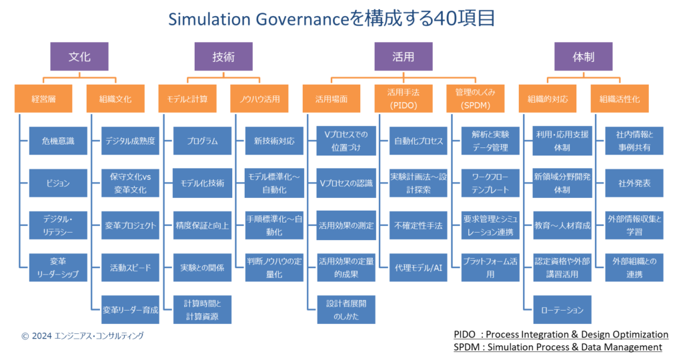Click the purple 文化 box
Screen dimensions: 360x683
(x=79, y=57)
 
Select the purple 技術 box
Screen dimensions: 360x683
(x=223, y=57)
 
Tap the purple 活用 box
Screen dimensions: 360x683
(x=404, y=57)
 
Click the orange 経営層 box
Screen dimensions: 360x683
(x=43, y=99)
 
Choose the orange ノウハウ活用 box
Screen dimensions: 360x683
(x=259, y=99)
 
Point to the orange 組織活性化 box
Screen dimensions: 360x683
(x=620, y=99)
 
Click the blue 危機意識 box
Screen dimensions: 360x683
(x=57, y=141)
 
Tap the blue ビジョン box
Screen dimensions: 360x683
(x=57, y=183)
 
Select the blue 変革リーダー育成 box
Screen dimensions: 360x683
(x=130, y=309)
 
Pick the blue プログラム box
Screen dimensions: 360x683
(x=202, y=141)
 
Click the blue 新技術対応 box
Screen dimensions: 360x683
(x=274, y=141)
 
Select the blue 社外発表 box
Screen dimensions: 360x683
(x=634, y=183)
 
